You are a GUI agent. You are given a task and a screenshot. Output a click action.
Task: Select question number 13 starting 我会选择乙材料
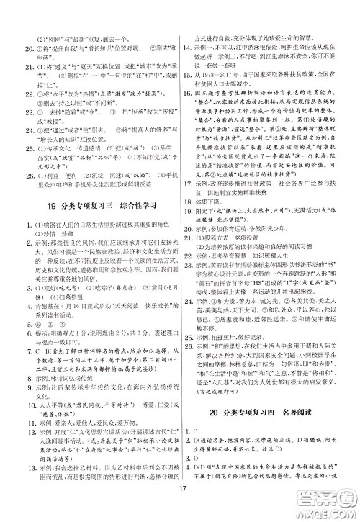tap(19, 469)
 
